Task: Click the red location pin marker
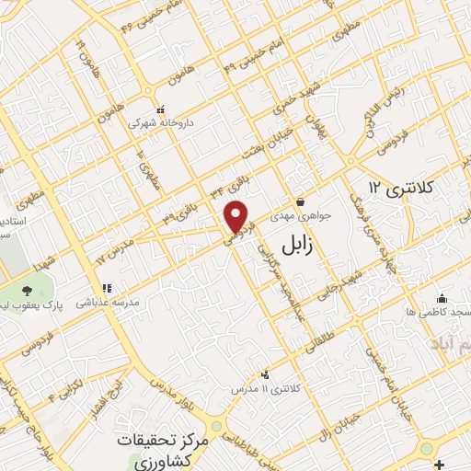tap(237, 217)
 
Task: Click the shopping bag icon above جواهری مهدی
tap(300, 202)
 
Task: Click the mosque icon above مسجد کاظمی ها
tap(442, 298)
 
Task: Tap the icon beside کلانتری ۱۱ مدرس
tap(265, 373)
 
